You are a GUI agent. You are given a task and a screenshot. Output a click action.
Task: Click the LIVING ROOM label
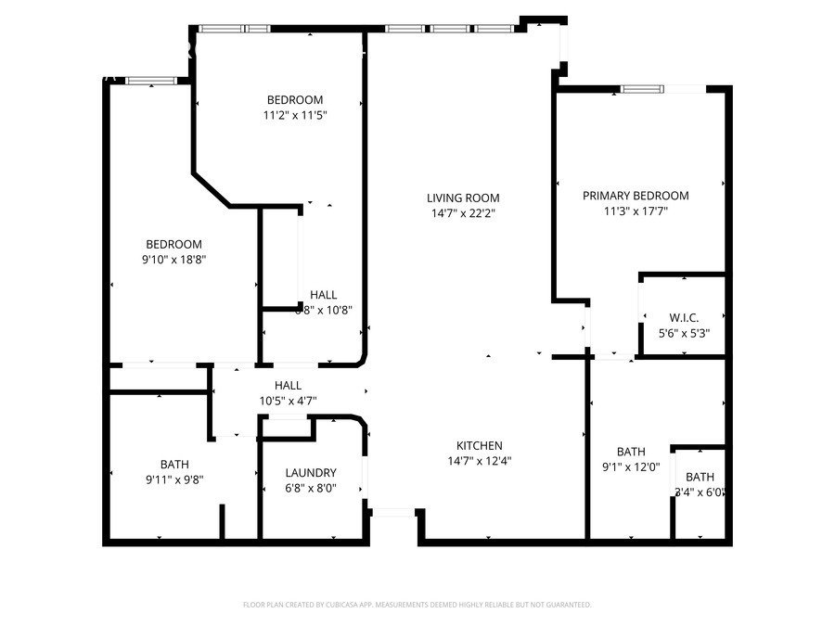click(463, 198)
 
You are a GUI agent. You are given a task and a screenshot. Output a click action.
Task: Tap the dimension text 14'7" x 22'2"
click(463, 212)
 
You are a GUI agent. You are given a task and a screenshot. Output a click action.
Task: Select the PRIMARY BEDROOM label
click(636, 196)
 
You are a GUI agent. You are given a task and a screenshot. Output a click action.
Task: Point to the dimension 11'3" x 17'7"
click(636, 211)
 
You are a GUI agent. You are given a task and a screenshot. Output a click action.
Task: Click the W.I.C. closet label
click(685, 317)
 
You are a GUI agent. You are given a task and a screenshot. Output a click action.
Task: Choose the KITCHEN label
click(480, 445)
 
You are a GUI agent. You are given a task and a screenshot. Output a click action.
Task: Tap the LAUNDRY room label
click(311, 472)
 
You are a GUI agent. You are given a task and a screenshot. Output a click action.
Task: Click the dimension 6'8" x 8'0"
click(311, 488)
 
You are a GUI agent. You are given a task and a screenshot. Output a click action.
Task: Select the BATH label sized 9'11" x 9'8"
click(173, 465)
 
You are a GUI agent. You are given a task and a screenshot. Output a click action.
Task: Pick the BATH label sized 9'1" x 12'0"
click(631, 453)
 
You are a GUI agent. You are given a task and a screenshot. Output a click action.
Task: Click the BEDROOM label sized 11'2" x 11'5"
click(295, 100)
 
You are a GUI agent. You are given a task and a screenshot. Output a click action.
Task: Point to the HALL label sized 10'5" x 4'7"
click(288, 385)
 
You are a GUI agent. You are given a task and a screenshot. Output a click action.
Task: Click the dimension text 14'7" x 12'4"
click(480, 460)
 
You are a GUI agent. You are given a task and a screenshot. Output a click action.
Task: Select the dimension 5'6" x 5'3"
click(685, 332)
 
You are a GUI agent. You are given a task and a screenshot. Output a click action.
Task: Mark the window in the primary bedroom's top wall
click(642, 89)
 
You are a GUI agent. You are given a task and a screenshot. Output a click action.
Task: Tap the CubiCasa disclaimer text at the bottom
click(417, 605)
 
